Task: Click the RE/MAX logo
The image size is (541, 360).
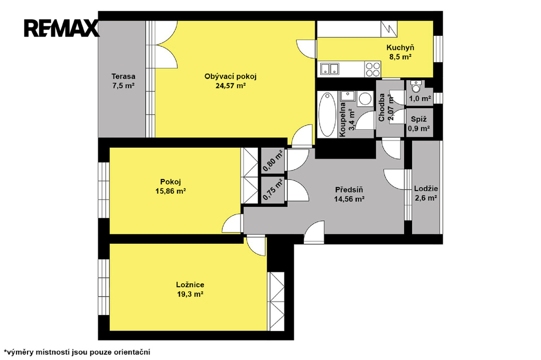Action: pos(61,29)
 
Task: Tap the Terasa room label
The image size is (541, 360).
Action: pos(123,77)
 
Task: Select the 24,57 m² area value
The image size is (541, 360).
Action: pos(230,86)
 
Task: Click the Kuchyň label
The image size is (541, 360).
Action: pos(400,48)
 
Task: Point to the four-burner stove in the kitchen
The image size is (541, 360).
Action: pos(372,69)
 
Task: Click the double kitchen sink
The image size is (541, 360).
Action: pos(330,69)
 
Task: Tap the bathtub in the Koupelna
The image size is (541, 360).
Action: pos(327,114)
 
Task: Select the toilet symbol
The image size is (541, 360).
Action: pos(416,87)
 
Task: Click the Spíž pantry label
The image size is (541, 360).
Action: pos(419,119)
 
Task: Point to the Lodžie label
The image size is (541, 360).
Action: pos(426,188)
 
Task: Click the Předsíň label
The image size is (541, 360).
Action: pos(349,190)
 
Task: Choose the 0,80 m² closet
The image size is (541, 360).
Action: pos(273,160)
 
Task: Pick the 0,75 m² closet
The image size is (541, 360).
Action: pos(273,190)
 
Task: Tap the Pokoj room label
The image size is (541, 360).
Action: pos(171,182)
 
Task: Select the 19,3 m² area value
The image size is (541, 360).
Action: pos(190,295)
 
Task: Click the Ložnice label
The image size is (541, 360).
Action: pos(190,285)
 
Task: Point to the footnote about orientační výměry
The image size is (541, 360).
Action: pos(77,352)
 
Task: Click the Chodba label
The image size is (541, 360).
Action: pos(381,108)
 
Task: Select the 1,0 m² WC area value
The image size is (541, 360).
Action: pos(420,99)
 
